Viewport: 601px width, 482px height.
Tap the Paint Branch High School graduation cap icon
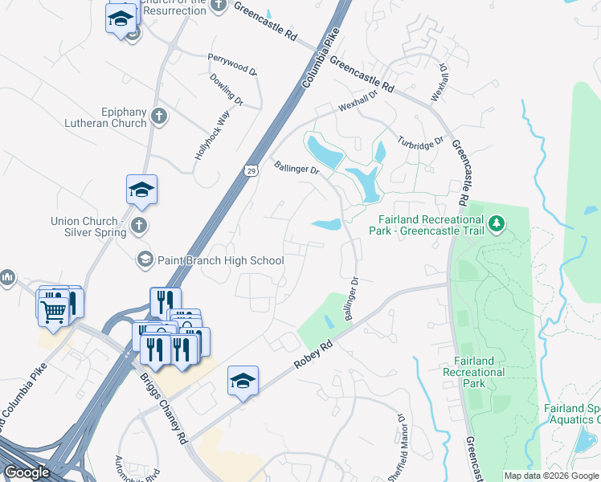tap(145, 259)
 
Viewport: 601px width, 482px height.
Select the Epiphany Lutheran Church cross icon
tap(158, 116)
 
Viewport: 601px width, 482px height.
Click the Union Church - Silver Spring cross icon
tap(139, 226)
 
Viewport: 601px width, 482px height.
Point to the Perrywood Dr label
tap(231, 63)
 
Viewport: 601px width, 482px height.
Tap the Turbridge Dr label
tap(420, 141)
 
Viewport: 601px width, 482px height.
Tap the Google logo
tap(27, 472)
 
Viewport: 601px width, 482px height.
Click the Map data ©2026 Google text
tap(551, 476)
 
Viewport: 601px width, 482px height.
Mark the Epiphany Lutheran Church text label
tap(107, 117)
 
